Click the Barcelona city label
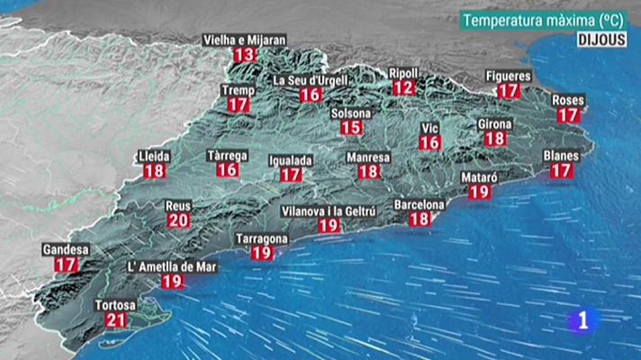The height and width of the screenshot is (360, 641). point(420,204)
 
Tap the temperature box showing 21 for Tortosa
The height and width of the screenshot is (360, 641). point(116,320)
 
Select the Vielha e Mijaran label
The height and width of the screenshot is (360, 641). point(244,40)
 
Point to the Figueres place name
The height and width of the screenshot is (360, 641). point(509,76)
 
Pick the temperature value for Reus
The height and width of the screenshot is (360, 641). point(179,220)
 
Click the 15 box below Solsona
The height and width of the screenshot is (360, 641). point(351,128)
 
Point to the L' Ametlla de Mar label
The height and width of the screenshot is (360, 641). point(172,267)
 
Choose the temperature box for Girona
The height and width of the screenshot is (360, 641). point(495,139)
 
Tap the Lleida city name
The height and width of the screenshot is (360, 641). point(154,156)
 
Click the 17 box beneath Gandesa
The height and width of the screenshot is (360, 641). point(66,265)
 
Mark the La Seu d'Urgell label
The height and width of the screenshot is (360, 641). point(311,80)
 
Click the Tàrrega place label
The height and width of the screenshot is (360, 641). point(227,155)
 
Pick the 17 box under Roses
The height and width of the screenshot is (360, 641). point(568,114)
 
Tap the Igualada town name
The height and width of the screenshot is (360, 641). point(291,160)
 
